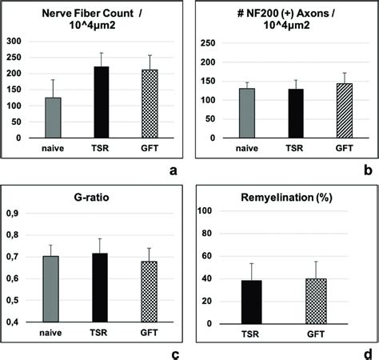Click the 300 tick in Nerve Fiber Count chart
(x=18, y=40)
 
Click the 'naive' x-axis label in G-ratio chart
(x=53, y=331)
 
